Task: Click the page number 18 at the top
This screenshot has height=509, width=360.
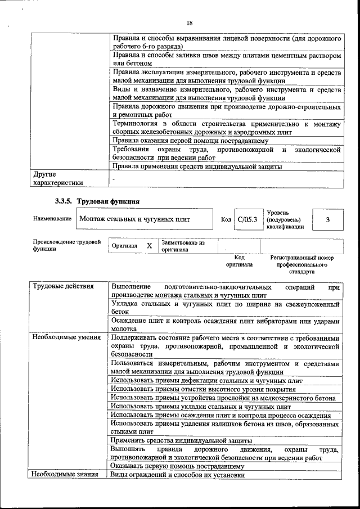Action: pyautogui.click(x=190, y=23)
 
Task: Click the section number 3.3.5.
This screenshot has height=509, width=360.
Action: pyautogui.click(x=64, y=201)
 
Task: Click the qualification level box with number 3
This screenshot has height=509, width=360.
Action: pyautogui.click(x=327, y=219)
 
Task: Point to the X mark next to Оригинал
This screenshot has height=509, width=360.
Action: pyautogui.click(x=149, y=246)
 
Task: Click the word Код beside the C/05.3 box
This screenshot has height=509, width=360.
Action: pyautogui.click(x=226, y=219)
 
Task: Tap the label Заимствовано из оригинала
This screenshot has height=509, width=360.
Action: pyautogui.click(x=183, y=246)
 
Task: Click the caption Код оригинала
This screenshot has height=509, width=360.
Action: pyautogui.click(x=239, y=261)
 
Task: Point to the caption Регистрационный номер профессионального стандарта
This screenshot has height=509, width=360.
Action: pyautogui.click(x=302, y=264)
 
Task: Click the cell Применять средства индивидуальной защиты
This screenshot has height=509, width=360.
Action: pyautogui.click(x=181, y=441)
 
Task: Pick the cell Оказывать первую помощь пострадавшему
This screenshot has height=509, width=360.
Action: pyautogui.click(x=177, y=466)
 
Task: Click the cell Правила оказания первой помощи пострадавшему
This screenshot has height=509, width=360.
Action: pyautogui.click(x=190, y=141)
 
